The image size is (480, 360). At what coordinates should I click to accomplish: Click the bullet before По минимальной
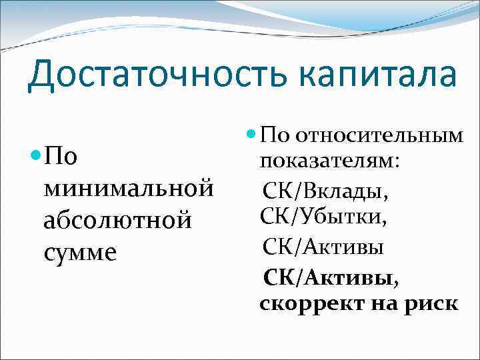35,157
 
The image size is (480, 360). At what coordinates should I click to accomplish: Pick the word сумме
79,252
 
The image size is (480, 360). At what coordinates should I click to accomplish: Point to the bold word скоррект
305,304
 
